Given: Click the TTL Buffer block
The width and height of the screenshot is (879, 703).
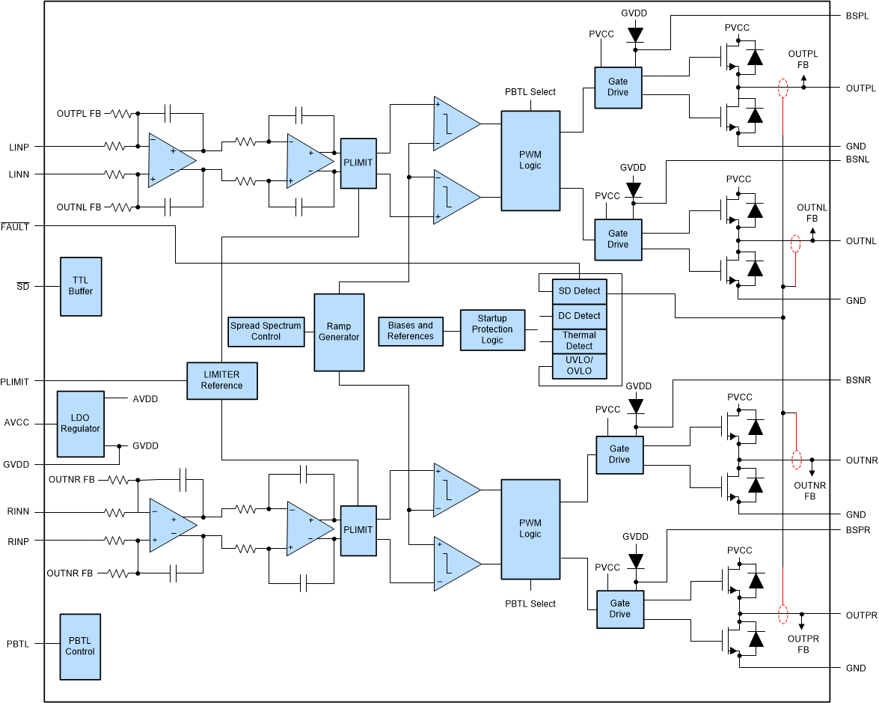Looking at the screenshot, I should [81, 286].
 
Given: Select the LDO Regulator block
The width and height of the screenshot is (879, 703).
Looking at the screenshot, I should [81, 423].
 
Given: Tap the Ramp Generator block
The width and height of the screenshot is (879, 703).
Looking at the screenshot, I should [339, 332].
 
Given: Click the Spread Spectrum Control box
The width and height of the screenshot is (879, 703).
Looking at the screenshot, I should [266, 331].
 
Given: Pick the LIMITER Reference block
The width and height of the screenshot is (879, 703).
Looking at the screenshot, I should [221, 380].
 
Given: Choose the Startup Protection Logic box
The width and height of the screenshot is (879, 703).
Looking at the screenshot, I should [492, 329].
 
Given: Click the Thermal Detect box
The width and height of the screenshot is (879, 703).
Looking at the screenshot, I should [579, 341].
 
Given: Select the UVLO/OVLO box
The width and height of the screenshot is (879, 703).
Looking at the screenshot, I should [579, 365].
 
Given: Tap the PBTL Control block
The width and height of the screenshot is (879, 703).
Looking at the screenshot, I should [80, 646].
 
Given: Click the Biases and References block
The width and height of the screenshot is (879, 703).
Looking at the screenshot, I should [410, 331].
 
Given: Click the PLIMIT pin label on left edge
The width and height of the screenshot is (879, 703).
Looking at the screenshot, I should [15, 382].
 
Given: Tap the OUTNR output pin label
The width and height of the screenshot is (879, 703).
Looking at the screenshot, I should [861, 460].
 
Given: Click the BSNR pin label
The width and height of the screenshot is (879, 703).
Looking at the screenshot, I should [858, 380].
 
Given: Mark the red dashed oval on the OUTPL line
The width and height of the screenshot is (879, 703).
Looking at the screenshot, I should [783, 88].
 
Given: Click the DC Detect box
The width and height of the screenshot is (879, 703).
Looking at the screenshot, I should [579, 316].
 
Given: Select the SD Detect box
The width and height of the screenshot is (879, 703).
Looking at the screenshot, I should [579, 290].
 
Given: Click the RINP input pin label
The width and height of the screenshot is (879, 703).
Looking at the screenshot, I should [19, 541].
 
